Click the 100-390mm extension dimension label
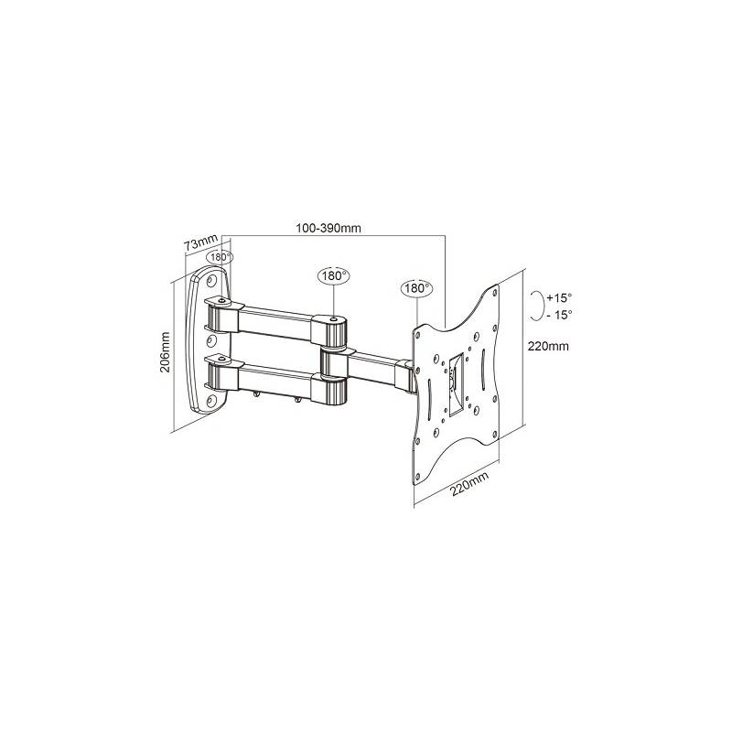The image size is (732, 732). pyautogui.click(x=328, y=228)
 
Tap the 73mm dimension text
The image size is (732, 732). pyautogui.click(x=201, y=243)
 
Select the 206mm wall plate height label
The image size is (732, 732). pyautogui.click(x=166, y=352)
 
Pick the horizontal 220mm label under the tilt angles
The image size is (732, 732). pyautogui.click(x=547, y=347)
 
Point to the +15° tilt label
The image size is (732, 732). pyautogui.click(x=559, y=298)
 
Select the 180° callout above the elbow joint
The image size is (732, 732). pyautogui.click(x=333, y=276)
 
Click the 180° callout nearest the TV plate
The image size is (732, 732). pyautogui.click(x=416, y=288)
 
